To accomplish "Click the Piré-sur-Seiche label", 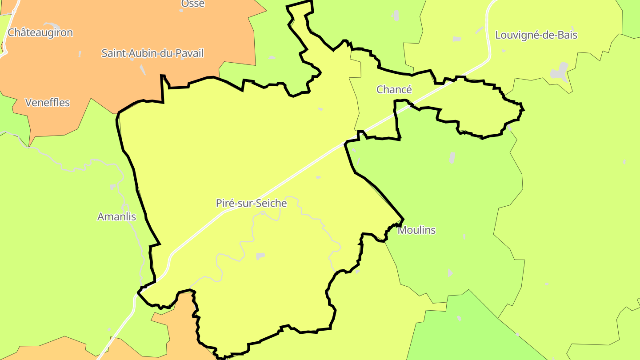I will click(251, 204).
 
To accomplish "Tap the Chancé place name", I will click(394, 89).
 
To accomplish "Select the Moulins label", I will click(416, 230).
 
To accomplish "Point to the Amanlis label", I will click(116, 217).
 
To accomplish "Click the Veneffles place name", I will click(48, 103).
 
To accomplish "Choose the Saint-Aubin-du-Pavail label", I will click(152, 53).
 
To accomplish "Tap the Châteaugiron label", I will click(40, 32).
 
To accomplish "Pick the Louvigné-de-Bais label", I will click(536, 35).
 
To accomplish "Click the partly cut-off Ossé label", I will click(193, 4).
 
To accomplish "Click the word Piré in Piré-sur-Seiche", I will click(226, 204).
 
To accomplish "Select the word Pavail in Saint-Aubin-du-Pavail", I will click(188, 53).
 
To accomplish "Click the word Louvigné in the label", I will click(515, 35).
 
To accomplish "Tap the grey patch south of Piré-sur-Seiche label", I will click(260, 256).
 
